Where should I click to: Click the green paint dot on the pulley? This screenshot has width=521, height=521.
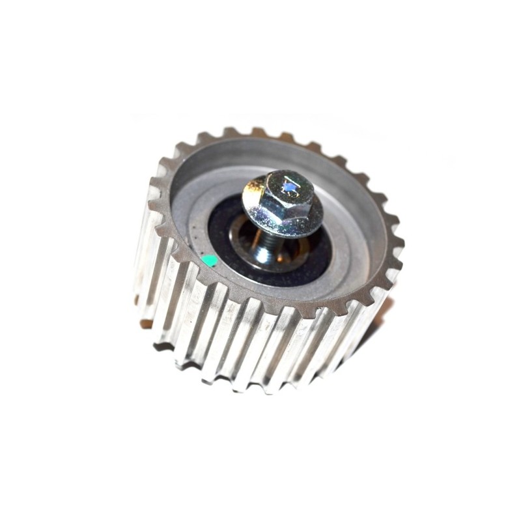pyautogui.click(x=209, y=262)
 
